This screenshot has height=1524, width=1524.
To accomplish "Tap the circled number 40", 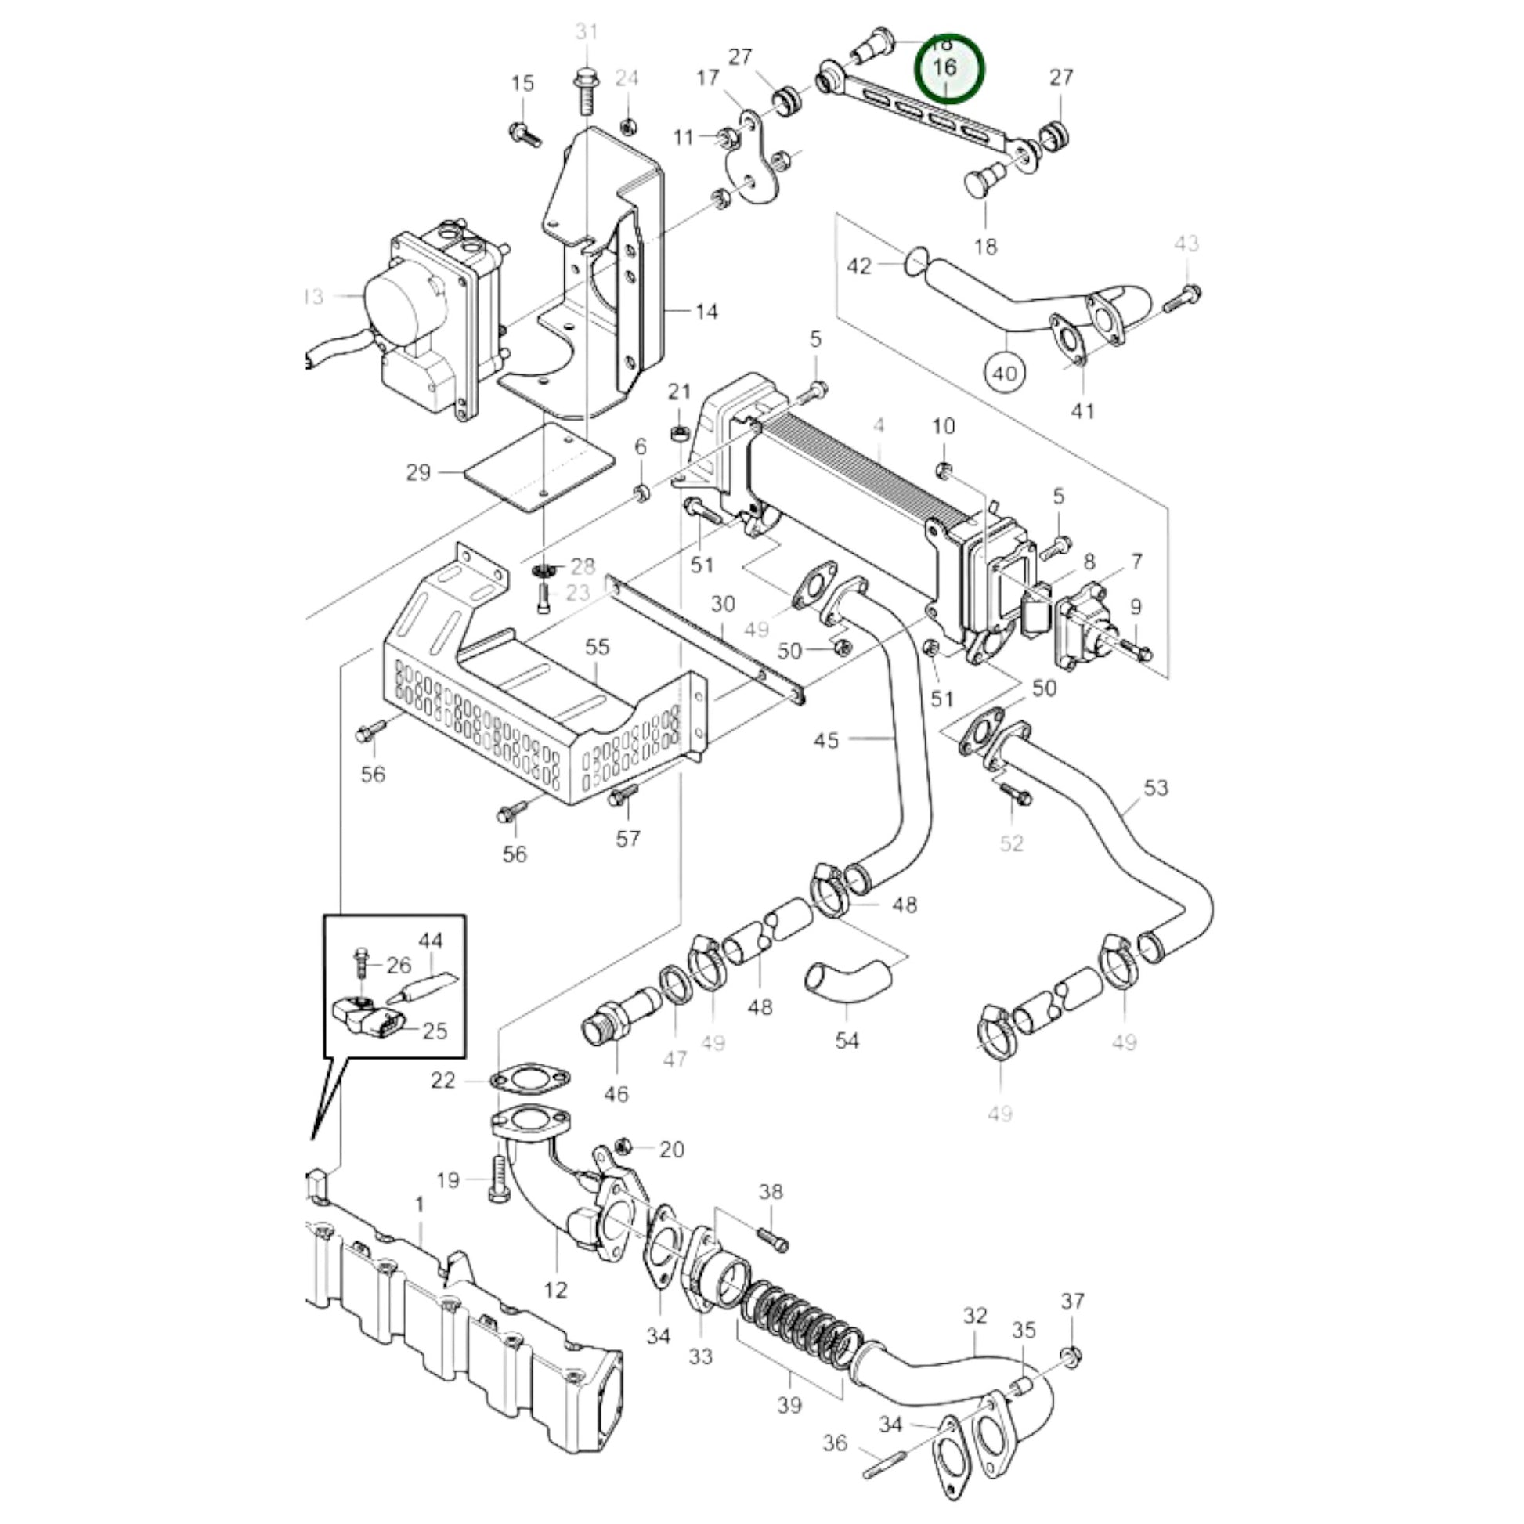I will point(1004,373).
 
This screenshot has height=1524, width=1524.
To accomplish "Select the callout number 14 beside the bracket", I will point(706,312).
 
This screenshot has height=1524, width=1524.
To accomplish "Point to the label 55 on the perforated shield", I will point(597,647).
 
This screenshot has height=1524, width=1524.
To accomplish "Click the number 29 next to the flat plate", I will point(418,472).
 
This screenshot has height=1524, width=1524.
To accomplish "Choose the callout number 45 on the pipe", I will point(826,740).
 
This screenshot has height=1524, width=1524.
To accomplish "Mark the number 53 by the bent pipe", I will point(1156,787).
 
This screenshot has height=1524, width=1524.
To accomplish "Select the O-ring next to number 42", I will point(915,262).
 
